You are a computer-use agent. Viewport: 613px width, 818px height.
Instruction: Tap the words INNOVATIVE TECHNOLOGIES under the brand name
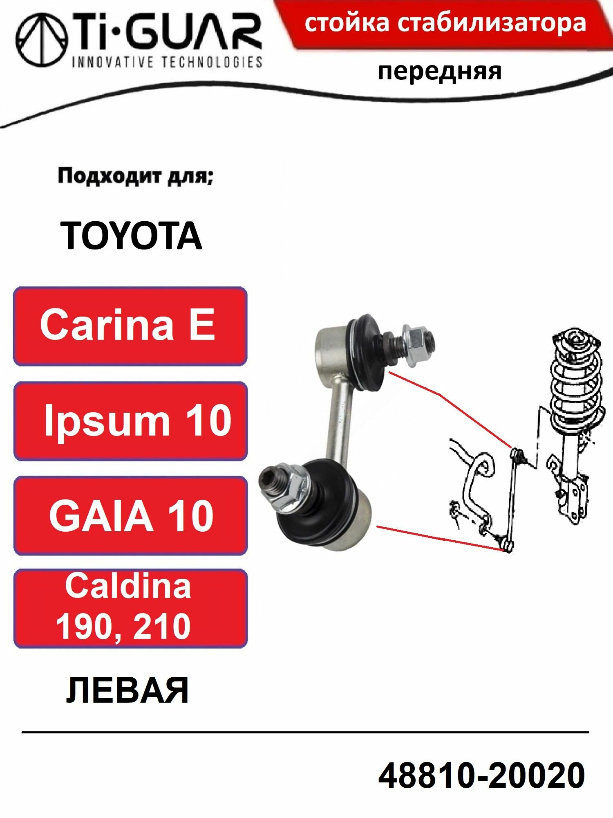point(167,62)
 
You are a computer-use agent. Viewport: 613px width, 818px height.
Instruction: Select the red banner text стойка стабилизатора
point(445,23)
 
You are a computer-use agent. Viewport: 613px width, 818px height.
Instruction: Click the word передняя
point(439,72)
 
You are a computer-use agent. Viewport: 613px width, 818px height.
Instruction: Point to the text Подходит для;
point(135,177)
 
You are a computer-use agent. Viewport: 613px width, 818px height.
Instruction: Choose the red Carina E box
point(130,326)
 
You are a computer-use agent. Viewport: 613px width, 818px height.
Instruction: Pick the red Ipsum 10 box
point(130,421)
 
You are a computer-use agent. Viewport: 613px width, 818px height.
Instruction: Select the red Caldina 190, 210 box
point(130,608)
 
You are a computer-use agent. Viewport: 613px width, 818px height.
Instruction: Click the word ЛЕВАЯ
point(127,691)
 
